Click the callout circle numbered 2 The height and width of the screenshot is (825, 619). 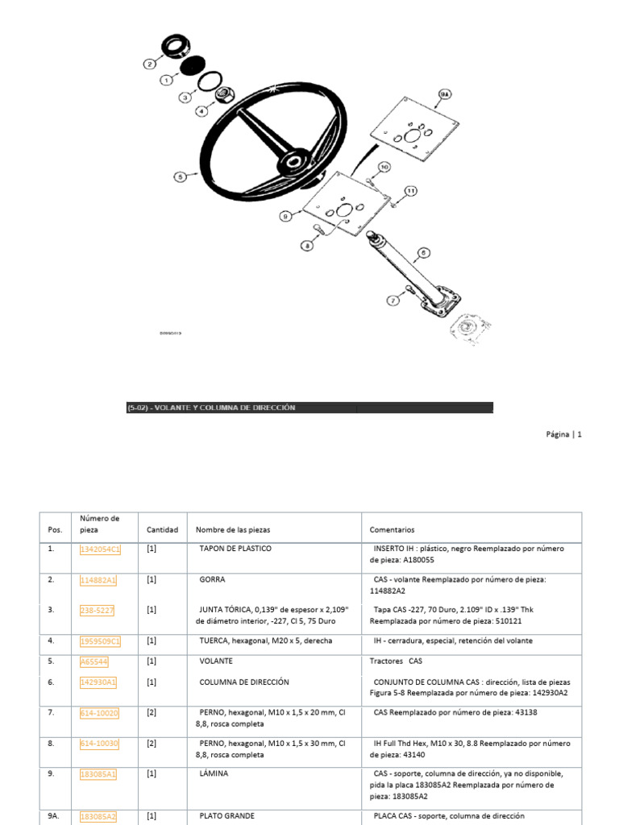tap(149, 64)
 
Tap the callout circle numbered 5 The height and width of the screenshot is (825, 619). tap(180, 176)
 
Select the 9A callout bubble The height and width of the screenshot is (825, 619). tap(446, 96)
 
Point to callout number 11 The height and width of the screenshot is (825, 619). tap(410, 191)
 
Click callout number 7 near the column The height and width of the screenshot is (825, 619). tap(393, 301)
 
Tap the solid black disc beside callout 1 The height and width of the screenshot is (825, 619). tap(192, 66)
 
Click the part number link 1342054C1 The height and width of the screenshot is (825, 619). tap(100, 549)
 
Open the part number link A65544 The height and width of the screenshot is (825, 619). tap(94, 661)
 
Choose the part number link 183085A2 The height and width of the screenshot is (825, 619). tap(98, 816)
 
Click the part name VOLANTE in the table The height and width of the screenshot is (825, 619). tap(216, 661)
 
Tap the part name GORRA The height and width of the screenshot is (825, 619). tap(213, 579)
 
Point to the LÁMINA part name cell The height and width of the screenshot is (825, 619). tap(214, 773)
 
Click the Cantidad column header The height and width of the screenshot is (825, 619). tap(162, 530)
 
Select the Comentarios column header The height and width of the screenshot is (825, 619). tap(392, 530)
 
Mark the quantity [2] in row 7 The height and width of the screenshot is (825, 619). tap(152, 713)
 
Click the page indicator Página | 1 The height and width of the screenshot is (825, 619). tap(563, 434)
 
